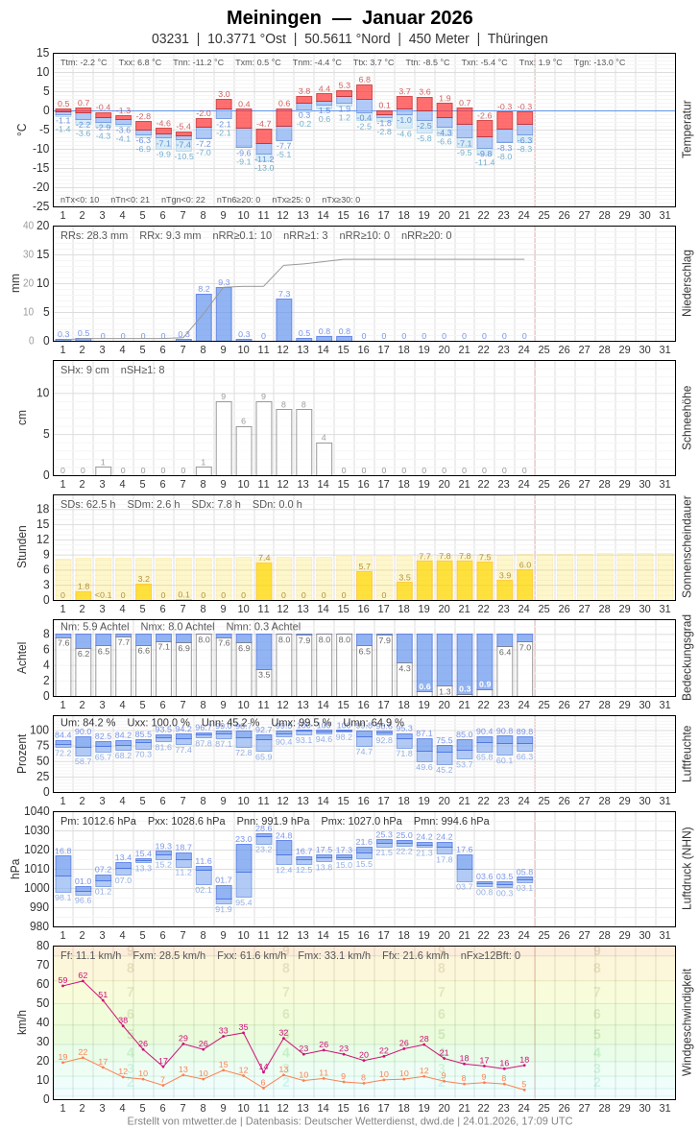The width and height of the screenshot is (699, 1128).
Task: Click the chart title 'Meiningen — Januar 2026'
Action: [x=349, y=17]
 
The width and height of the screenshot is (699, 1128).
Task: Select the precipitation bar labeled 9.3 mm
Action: [x=224, y=314]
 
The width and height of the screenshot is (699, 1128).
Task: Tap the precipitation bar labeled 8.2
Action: [x=204, y=317]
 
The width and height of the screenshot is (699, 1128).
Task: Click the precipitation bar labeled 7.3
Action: [x=284, y=320]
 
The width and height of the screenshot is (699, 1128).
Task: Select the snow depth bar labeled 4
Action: [x=325, y=458]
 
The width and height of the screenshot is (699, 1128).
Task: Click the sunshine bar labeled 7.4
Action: [x=264, y=581]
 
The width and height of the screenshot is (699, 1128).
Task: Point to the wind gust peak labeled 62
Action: [x=83, y=979]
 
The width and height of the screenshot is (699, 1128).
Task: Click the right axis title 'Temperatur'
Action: [x=687, y=130]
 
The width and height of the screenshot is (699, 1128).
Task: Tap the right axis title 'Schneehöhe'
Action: [x=687, y=418]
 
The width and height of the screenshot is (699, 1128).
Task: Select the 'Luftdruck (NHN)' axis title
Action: [x=687, y=869]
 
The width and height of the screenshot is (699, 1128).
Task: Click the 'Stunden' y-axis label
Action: [x=21, y=547]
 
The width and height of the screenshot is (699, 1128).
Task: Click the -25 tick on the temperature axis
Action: [x=40, y=206]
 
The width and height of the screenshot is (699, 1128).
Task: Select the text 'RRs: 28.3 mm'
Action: [x=94, y=235]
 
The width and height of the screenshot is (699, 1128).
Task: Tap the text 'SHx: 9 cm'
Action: [x=85, y=370]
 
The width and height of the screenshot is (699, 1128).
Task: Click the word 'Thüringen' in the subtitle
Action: [x=518, y=38]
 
